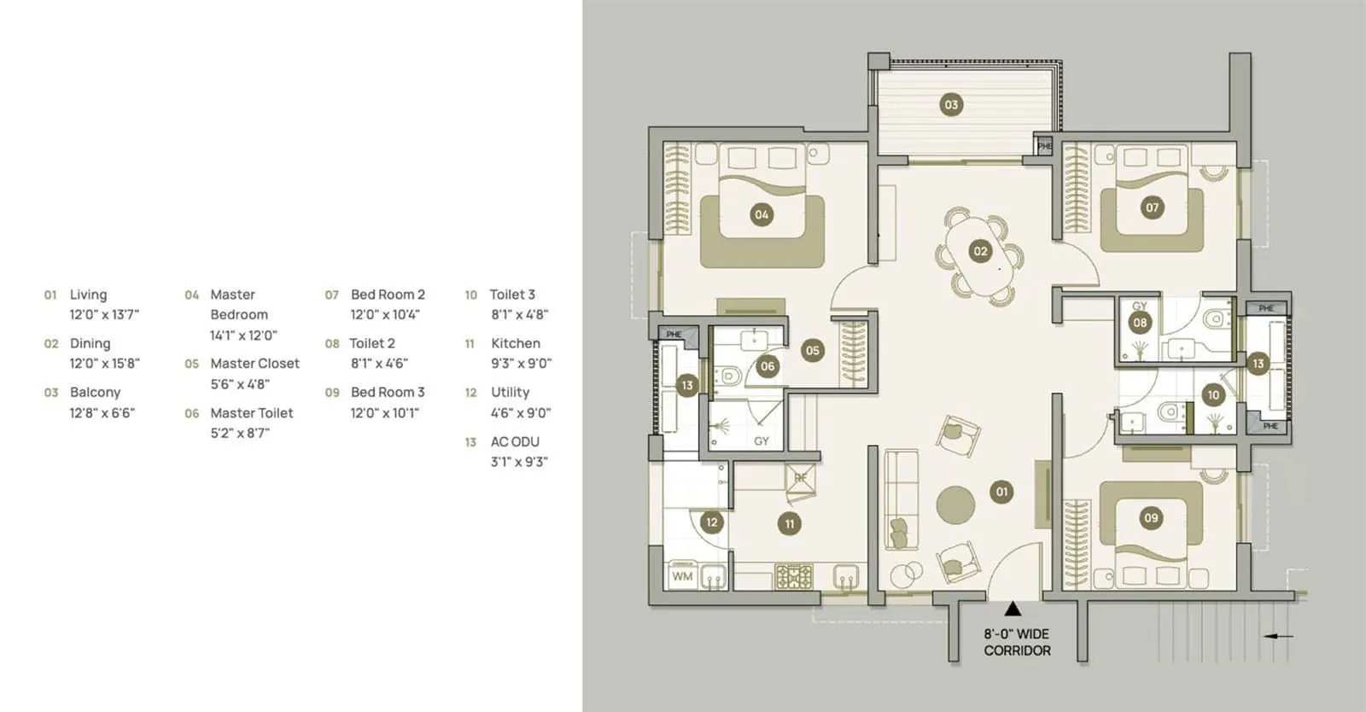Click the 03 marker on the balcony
click(x=950, y=105)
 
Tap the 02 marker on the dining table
click(x=980, y=251)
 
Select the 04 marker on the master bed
click(x=762, y=214)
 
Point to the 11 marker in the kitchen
click(x=789, y=524)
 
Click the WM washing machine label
click(x=682, y=576)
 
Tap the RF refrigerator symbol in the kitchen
click(x=801, y=479)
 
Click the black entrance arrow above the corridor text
click(x=1013, y=609)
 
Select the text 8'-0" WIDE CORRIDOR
click(x=1017, y=642)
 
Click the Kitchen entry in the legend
click(x=515, y=343)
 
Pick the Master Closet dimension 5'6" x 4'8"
click(x=240, y=384)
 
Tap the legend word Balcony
click(x=95, y=392)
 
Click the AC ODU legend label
click(x=515, y=441)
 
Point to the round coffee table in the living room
click(x=955, y=505)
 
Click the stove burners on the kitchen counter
click(x=793, y=577)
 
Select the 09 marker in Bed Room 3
click(x=1151, y=517)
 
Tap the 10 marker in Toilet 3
click(x=1212, y=394)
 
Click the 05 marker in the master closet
click(x=812, y=350)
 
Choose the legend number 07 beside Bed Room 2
click(x=332, y=295)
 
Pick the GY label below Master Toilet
click(x=761, y=441)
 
